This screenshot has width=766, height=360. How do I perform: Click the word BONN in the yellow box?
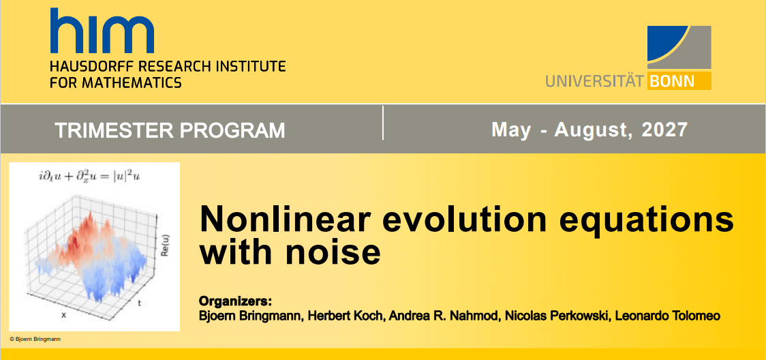click(672, 81)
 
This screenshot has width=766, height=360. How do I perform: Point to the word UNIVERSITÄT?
click(596, 81)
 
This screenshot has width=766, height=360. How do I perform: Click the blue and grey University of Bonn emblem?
click(679, 47)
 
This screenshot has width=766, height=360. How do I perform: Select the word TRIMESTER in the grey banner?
click(104, 130)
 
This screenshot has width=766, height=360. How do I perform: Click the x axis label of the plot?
click(63, 315)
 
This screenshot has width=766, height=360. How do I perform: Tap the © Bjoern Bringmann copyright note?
click(35, 339)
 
